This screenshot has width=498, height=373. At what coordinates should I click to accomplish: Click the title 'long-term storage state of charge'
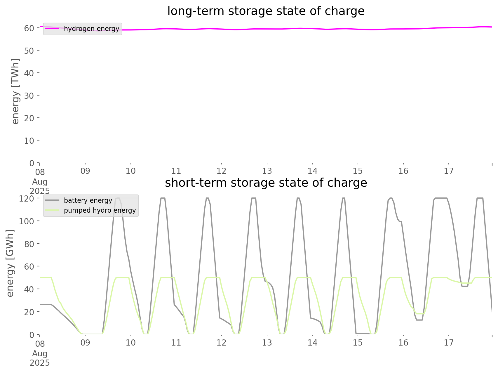click(266, 11)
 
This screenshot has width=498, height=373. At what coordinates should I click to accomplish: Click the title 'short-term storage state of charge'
click(266, 183)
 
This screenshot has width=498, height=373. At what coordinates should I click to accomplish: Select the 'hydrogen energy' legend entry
click(91, 29)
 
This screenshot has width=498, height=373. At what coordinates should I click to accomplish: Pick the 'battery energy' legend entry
click(88, 200)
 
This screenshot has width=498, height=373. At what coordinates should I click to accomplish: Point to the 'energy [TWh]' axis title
click(15, 91)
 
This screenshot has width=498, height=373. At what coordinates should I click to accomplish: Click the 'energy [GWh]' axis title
click(11, 263)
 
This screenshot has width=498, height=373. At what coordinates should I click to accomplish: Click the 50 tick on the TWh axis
click(29, 51)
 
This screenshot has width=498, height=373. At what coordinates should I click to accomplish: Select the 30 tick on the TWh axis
click(29, 96)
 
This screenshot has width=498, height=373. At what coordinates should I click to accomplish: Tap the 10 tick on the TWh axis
click(29, 140)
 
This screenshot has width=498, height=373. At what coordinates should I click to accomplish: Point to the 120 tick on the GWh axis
click(27, 199)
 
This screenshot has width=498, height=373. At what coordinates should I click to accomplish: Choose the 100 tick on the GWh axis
click(27, 221)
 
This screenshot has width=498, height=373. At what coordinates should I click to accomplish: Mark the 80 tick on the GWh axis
click(29, 244)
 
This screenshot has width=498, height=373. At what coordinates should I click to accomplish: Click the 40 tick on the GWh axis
click(29, 289)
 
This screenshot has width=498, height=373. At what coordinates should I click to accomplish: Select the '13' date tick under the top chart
click(267, 171)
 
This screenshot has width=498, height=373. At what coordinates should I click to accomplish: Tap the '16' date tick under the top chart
click(403, 171)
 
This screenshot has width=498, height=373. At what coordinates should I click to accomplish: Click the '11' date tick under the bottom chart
click(176, 343)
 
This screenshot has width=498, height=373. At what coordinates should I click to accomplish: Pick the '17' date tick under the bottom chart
click(449, 343)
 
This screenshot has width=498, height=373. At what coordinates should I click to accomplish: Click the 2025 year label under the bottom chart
click(40, 363)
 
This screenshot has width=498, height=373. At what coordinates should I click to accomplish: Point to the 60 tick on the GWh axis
click(29, 266)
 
